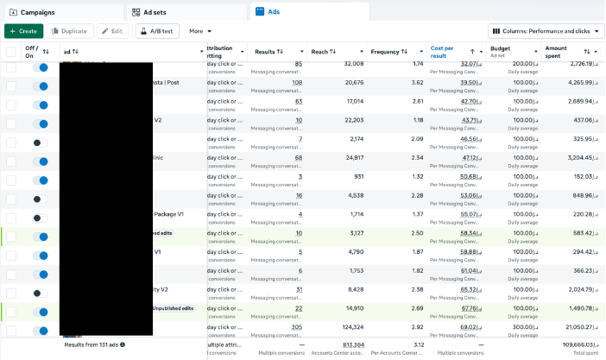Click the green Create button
point(23,31)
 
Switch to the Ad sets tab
point(156,13)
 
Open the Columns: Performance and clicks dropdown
point(547,31)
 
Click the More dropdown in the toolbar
point(200,31)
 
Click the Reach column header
point(319,52)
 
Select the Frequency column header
point(385,52)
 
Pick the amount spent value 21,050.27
point(572,328)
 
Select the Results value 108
point(297,83)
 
